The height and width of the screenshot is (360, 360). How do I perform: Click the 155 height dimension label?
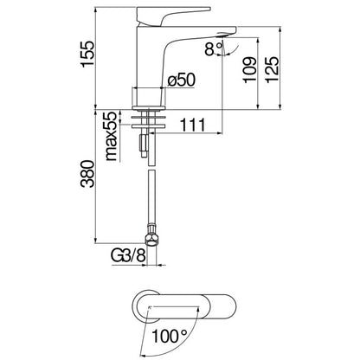click(x=87, y=54)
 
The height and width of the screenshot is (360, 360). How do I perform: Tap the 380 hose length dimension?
click(x=87, y=174)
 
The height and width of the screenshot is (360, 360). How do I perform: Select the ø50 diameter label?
click(x=182, y=80)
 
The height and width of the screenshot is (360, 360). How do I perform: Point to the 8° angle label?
click(x=214, y=48)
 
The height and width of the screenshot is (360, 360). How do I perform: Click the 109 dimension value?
click(x=249, y=70)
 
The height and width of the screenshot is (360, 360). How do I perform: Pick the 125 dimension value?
click(x=272, y=70)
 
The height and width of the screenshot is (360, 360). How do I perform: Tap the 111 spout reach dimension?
click(x=193, y=125)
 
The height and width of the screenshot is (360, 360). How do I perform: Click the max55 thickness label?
click(x=111, y=136)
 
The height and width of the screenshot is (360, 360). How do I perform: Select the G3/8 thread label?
click(x=128, y=255)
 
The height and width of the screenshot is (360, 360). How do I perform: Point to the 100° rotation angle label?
click(x=170, y=336)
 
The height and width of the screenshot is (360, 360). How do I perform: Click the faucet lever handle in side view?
click(x=173, y=16)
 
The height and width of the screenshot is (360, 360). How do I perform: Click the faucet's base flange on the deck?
click(x=149, y=108)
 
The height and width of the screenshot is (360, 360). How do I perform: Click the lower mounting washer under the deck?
click(x=148, y=126)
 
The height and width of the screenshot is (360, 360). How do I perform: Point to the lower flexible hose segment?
click(x=151, y=197)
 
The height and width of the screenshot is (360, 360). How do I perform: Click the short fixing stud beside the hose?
click(x=144, y=145)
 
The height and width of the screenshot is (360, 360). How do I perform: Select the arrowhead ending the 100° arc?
click(x=142, y=355)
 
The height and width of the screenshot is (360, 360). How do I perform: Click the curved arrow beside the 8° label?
click(x=233, y=51)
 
